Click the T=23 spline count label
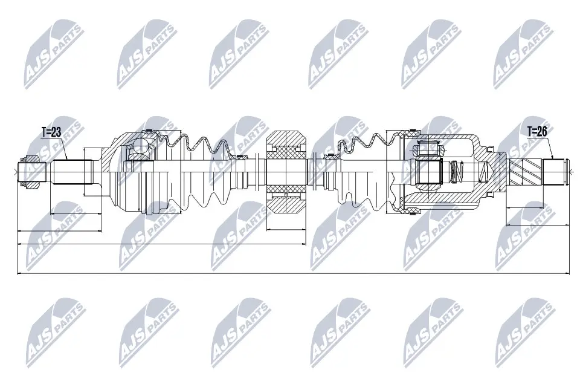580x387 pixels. click(52, 132)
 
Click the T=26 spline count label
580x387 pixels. click(537, 130)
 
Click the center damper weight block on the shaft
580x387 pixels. click(288, 172)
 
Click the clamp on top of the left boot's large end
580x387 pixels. click(147, 132)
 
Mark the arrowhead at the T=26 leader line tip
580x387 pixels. click(550, 158)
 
